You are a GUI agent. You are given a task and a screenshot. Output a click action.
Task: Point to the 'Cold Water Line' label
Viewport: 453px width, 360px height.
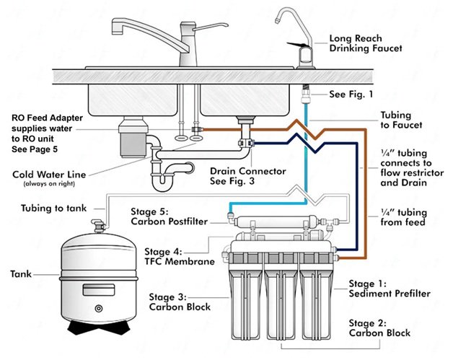50,174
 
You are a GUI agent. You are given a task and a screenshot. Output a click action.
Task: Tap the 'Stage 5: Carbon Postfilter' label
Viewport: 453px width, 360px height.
170,217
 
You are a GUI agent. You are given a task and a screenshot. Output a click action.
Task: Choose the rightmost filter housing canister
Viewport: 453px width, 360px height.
317,296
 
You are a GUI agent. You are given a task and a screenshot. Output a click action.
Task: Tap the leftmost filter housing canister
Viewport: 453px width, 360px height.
246,296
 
